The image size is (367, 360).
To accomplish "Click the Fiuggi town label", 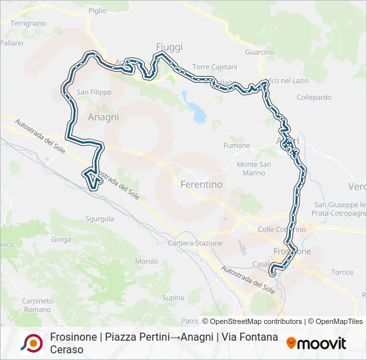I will click(x=169, y=47).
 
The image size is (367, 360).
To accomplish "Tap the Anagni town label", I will click(x=103, y=117).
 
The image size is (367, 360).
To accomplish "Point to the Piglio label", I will click(x=97, y=11).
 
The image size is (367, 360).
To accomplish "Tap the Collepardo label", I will click(x=314, y=97).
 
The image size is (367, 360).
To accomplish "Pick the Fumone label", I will click(x=237, y=146).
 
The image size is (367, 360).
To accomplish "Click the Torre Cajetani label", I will click(x=214, y=67).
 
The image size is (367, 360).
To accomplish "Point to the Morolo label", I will click(x=146, y=261).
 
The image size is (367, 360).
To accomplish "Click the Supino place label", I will click(x=173, y=297).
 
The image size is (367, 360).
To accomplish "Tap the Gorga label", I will click(x=60, y=239).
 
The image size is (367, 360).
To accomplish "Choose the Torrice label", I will click(x=342, y=273).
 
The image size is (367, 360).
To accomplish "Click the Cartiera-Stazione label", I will click(x=196, y=243).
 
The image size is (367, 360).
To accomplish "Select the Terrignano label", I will click(x=28, y=23).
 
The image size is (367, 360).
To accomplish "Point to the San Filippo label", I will click(x=94, y=92).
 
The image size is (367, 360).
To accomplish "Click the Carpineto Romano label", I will click(x=37, y=305).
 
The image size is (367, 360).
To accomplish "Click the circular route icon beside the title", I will click(x=31, y=343).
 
